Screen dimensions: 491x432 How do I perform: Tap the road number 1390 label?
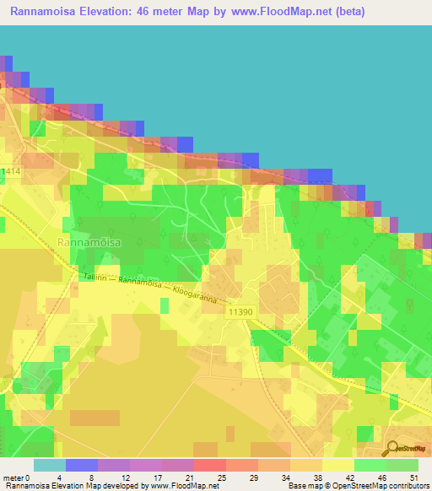pos(240,312)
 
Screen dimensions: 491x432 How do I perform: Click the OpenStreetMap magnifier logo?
pos(392,449)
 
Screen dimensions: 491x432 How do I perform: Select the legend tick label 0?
pos(31,477)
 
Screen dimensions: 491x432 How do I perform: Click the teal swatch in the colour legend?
pos(49,465)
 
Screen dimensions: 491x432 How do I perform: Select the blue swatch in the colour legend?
pos(81,465)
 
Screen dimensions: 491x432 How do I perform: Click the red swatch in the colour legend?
pos(209,465)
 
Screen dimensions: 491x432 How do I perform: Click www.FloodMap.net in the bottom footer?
pos(183,487)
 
